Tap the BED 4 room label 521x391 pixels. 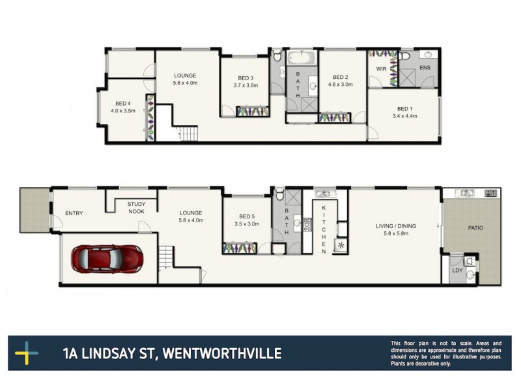click(x=123, y=103)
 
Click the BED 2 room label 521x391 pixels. click(x=341, y=76)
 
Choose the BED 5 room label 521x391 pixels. click(x=248, y=216)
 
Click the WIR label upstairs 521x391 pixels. click(x=382, y=68)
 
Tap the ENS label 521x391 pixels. click(x=425, y=67)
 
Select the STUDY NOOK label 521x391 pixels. click(x=136, y=207)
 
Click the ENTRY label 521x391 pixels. click(x=74, y=213)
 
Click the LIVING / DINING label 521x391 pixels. click(x=395, y=226)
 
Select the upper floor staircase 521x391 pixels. click(x=186, y=134)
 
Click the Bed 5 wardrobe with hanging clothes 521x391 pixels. click(x=238, y=248)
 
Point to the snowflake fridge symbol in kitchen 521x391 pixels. click(x=340, y=246)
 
